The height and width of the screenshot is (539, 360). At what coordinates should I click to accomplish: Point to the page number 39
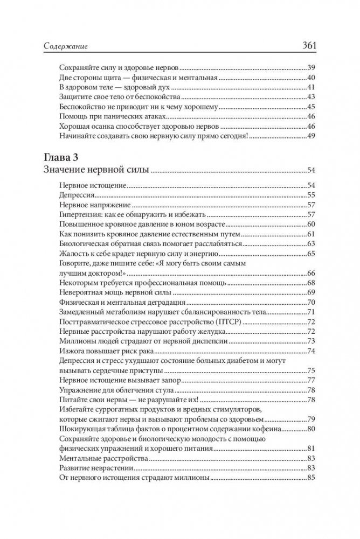(x=310, y=68)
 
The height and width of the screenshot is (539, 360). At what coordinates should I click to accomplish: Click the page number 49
(x=310, y=136)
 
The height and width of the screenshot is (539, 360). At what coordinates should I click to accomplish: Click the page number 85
(x=310, y=478)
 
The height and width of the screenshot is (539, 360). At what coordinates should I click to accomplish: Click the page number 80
(x=310, y=429)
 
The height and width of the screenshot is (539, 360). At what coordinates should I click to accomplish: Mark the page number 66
(x=310, y=273)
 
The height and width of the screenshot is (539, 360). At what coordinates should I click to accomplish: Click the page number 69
(x=310, y=292)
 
